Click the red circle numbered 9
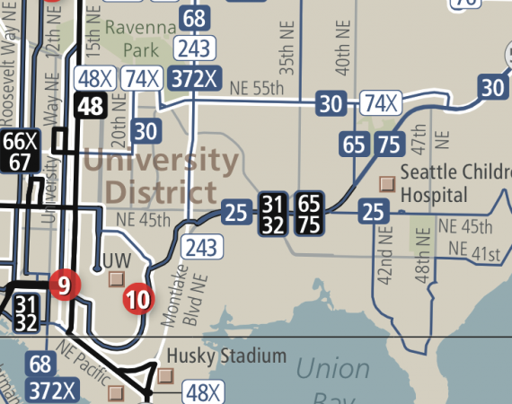click(x=63, y=285)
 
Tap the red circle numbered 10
click(x=137, y=299)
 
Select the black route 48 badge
click(x=91, y=106)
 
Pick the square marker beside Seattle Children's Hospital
click(x=387, y=182)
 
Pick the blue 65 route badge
click(x=354, y=144)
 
